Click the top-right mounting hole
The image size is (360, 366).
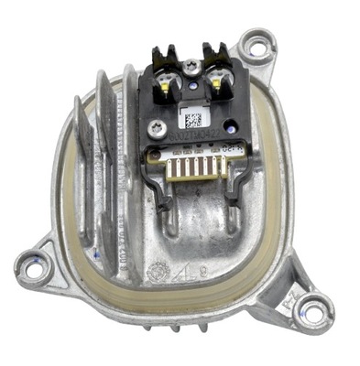(259, 43)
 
